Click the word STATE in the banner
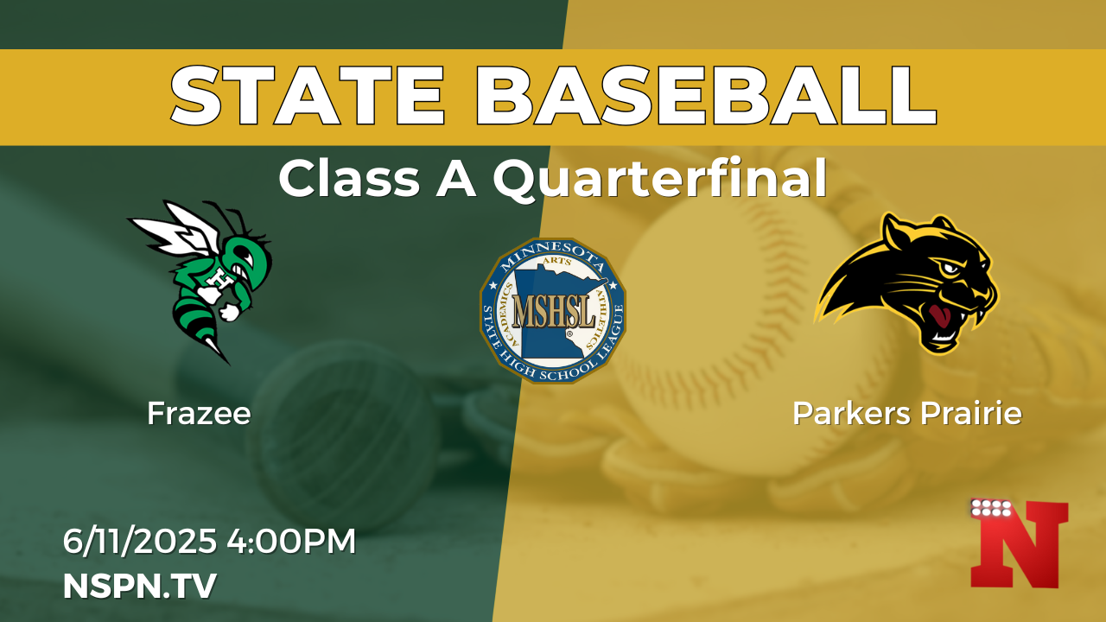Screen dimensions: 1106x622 pos(308,95)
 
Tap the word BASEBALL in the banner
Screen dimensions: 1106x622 pos(706,95)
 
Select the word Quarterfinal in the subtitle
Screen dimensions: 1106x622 pos(660,179)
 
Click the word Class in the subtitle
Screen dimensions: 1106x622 pos(350,179)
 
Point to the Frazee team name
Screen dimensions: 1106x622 pos(199,413)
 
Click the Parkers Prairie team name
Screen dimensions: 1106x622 pos(907,413)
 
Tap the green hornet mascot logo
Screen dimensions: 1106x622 pos(201,282)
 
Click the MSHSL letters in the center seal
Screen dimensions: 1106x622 pos(554,312)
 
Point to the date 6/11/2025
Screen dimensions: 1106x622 pos(140,541)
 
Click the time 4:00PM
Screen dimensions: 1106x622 pos(291,541)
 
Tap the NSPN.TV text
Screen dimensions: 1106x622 pos(140,586)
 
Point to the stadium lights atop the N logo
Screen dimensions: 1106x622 pos(991,508)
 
